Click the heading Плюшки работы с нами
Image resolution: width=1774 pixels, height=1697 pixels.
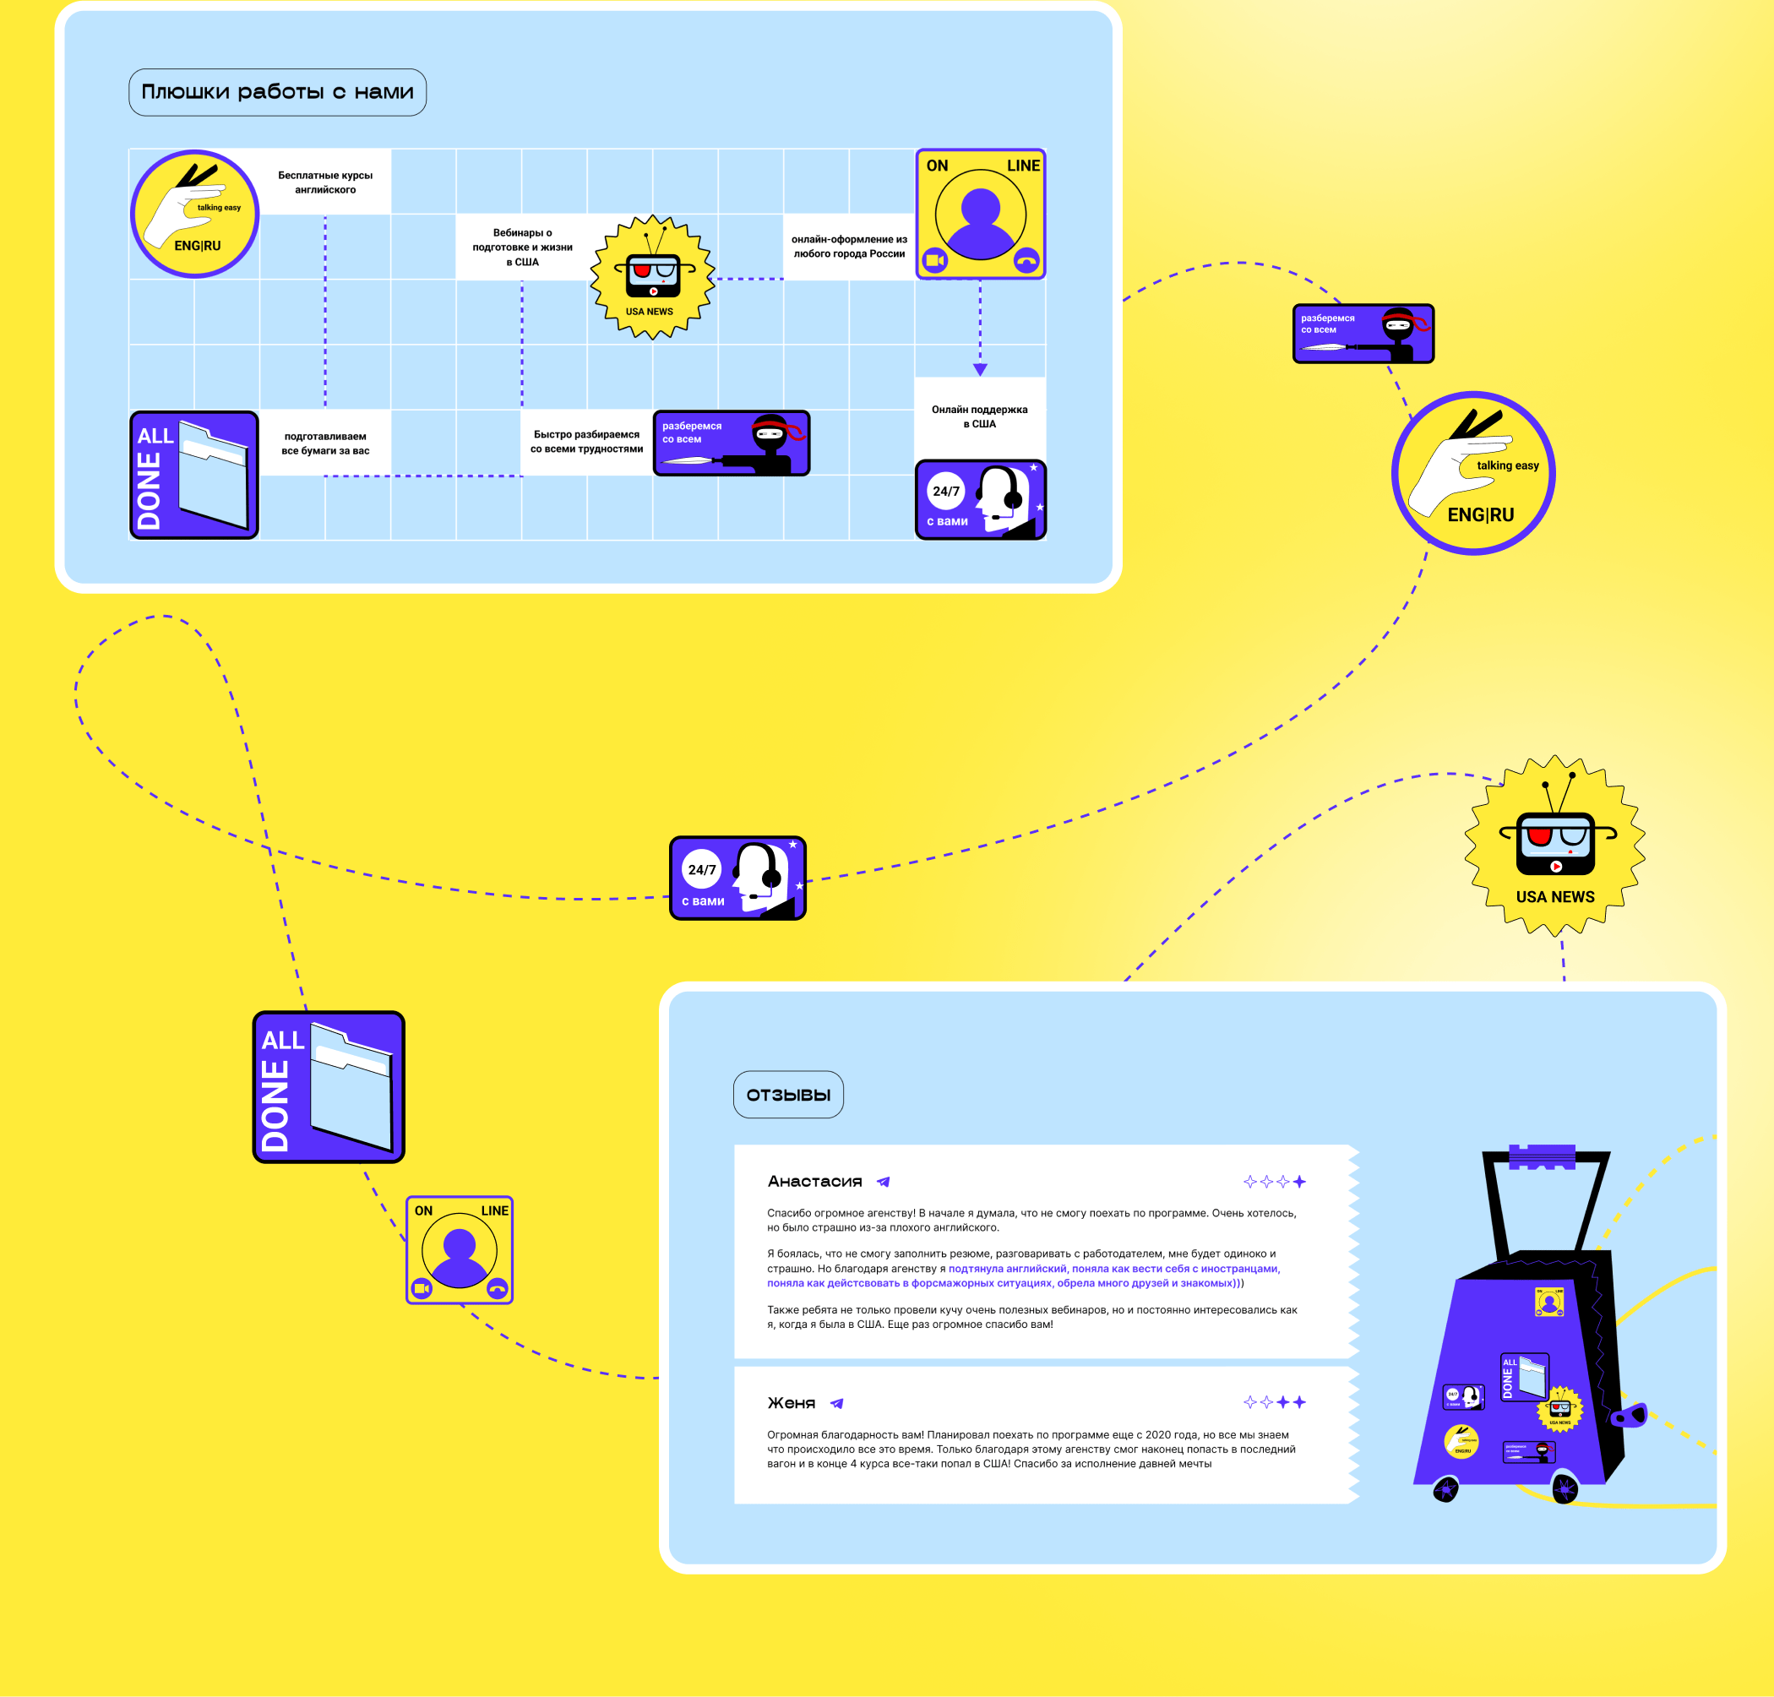coord(277,92)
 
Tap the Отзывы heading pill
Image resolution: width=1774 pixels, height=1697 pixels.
coord(788,1095)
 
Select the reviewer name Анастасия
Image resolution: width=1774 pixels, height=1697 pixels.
coord(814,1182)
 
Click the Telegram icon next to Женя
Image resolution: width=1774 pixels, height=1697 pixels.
coord(837,1404)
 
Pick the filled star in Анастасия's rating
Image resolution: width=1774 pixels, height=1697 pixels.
coord(1299,1182)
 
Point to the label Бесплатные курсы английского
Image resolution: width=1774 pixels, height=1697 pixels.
coord(324,182)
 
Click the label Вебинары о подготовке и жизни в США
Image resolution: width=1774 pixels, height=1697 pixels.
coord(522,247)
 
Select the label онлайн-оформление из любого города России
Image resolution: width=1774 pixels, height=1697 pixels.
coord(848,246)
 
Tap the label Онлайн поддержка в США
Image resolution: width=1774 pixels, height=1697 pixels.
coord(980,416)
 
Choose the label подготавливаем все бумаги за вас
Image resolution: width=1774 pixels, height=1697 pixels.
coord(324,443)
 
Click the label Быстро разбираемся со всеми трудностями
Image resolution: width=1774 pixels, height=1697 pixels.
coord(586,442)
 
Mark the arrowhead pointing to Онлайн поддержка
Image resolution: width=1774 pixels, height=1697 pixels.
coord(980,369)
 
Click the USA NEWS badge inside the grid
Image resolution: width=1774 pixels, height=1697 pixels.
coord(651,277)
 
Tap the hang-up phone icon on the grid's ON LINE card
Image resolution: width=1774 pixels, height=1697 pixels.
coord(1026,260)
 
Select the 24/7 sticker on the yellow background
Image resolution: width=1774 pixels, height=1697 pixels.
coord(737,878)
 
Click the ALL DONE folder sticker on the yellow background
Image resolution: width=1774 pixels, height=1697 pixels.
coord(329,1086)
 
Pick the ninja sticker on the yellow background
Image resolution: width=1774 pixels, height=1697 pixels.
coord(1363,333)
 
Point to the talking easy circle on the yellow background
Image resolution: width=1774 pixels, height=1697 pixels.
coord(1472,473)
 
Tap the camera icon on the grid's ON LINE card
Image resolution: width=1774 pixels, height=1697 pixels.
coord(934,260)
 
